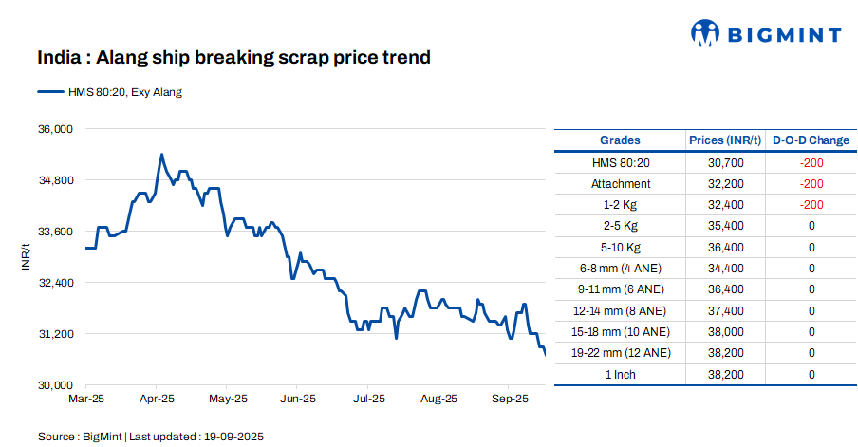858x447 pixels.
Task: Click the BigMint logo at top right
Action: (x=765, y=34)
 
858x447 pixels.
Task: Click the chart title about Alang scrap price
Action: (x=234, y=58)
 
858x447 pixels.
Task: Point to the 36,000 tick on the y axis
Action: (x=54, y=128)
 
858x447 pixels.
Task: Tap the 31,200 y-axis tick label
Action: (x=54, y=334)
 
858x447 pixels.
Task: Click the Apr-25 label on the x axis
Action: (x=157, y=400)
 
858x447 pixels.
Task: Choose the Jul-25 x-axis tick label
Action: (x=368, y=400)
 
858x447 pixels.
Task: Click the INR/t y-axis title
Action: (x=27, y=256)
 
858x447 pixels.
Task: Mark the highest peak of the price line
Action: (x=161, y=154)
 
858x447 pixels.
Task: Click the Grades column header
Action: (x=620, y=140)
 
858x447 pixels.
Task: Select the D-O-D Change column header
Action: (x=811, y=140)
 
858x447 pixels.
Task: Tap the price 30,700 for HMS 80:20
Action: (x=725, y=163)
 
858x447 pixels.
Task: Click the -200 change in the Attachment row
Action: (x=811, y=184)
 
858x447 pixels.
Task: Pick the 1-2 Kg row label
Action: (x=621, y=205)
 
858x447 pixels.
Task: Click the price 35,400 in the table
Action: (x=725, y=226)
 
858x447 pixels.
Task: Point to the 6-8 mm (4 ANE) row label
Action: (x=621, y=269)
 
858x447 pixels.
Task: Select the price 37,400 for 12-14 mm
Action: (x=725, y=310)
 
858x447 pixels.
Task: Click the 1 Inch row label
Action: (x=621, y=374)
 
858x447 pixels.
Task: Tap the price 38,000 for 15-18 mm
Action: (x=725, y=332)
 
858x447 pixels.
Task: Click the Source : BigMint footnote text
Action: (x=150, y=437)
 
